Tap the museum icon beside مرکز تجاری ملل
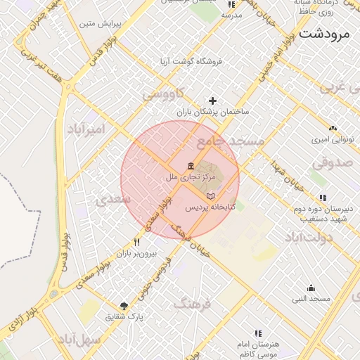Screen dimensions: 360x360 [x=191, y=166]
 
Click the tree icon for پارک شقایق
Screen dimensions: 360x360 [x=124, y=306]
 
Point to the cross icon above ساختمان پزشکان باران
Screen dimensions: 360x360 [x=213, y=101]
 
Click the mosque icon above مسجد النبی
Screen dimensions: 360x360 [x=311, y=288]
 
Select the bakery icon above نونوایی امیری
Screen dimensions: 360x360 [x=333, y=129]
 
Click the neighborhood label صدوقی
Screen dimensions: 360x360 [x=331, y=162]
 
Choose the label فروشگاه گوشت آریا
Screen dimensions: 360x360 [x=191, y=61]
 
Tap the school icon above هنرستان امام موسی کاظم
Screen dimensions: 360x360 [x=258, y=333]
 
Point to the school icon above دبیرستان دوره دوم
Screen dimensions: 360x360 [x=323, y=198]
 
